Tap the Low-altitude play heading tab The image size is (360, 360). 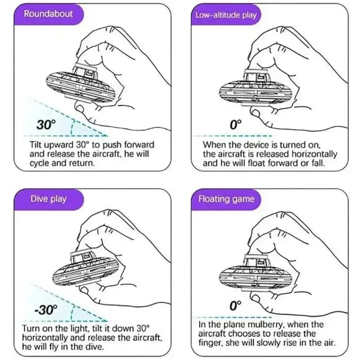[x=226, y=15]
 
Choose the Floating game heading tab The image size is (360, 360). [x=226, y=199]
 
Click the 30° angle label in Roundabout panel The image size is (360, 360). [x=46, y=125]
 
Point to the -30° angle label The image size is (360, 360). [x=45, y=310]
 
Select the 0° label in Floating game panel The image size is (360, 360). [x=235, y=306]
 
